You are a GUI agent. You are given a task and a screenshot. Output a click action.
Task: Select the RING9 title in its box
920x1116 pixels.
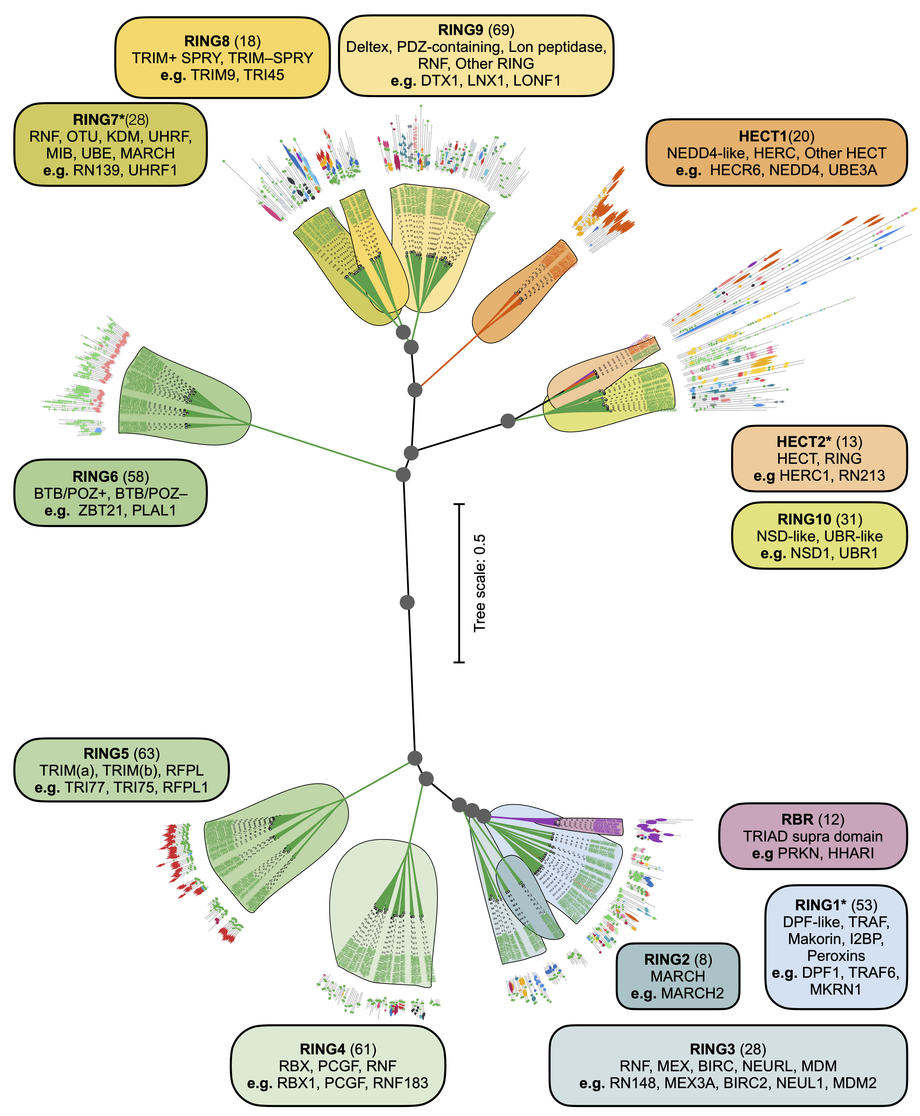(x=460, y=30)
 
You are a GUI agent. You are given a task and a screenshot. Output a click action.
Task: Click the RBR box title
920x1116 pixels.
(x=797, y=819)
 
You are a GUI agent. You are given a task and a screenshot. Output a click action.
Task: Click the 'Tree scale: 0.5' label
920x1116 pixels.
(x=480, y=583)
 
